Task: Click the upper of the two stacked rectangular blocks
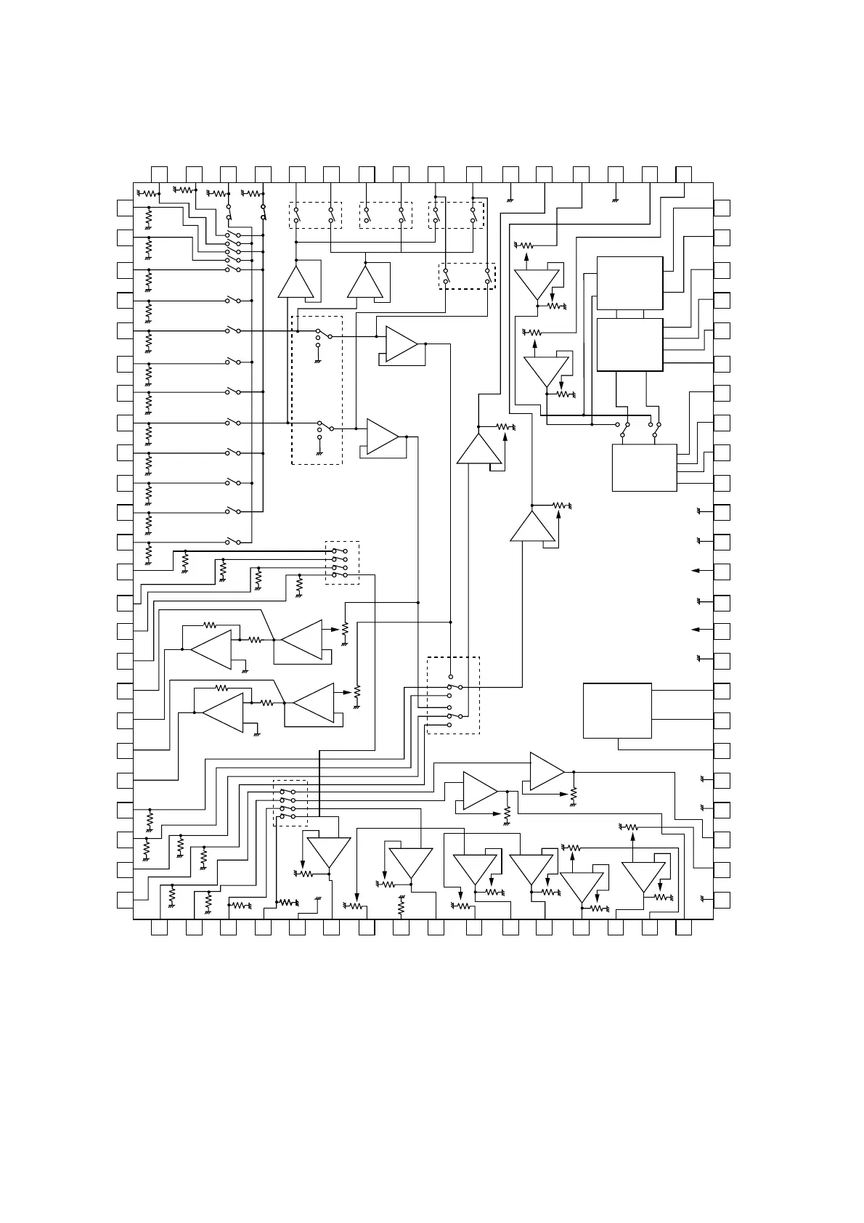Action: [629, 283]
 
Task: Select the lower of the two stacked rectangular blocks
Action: [629, 344]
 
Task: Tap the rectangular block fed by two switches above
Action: [645, 468]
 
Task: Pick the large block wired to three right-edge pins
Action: [617, 710]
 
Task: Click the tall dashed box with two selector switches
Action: [317, 390]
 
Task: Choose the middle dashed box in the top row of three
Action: [386, 215]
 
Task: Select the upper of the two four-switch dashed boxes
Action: [342, 561]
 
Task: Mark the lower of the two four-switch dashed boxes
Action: [290, 803]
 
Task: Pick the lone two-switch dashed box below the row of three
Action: [468, 276]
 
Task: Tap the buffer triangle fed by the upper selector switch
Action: [402, 344]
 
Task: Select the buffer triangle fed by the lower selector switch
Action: [383, 436]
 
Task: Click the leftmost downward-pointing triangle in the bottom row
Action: [328, 853]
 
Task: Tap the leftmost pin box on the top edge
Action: [159, 174]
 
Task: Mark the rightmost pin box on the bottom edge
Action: [683, 927]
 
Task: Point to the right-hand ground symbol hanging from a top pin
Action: [615, 198]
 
